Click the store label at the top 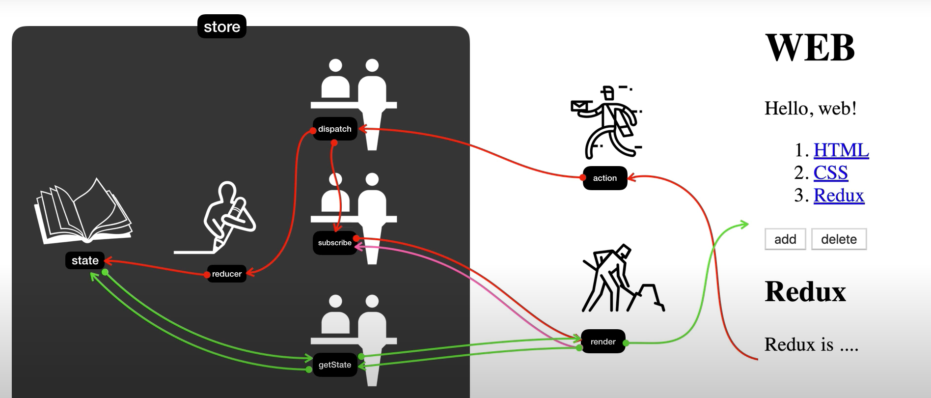tap(222, 27)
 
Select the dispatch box tap(335, 129)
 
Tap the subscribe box tap(335, 243)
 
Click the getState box tap(335, 365)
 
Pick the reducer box tap(226, 274)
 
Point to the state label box tap(85, 260)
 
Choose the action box tap(604, 178)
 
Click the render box tap(603, 341)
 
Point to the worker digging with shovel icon tap(621, 280)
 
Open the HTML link tap(841, 150)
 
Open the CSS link tap(830, 172)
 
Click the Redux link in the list tap(839, 195)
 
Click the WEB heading tap(810, 48)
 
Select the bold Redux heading tap(805, 291)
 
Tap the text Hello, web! tap(810, 108)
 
